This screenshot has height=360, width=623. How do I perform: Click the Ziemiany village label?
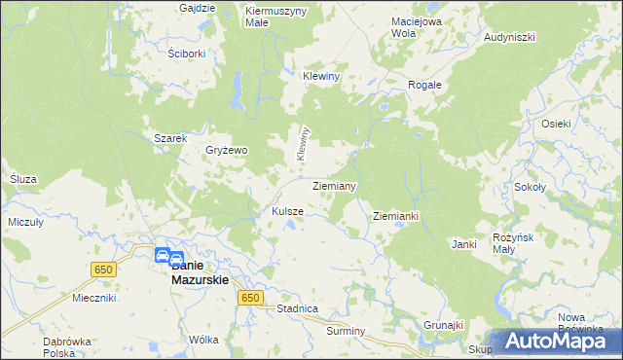pyautogui.click(x=334, y=185)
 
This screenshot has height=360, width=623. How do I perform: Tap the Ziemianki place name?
pyautogui.click(x=395, y=216)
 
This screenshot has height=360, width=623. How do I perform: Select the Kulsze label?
pyautogui.click(x=287, y=211)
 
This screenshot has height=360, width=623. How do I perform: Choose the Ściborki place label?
pyautogui.click(x=186, y=54)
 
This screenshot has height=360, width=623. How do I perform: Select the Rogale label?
pyautogui.click(x=424, y=85)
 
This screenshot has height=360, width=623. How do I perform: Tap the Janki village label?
pyautogui.click(x=463, y=244)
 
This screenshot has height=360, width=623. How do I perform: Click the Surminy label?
pyautogui.click(x=346, y=331)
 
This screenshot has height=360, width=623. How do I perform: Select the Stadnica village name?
pyautogui.click(x=297, y=308)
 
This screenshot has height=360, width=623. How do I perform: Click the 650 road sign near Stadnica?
pyautogui.click(x=250, y=298)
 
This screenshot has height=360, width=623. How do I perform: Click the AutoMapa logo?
pyautogui.click(x=557, y=341)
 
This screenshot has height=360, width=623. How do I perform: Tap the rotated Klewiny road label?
pyautogui.click(x=303, y=143)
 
